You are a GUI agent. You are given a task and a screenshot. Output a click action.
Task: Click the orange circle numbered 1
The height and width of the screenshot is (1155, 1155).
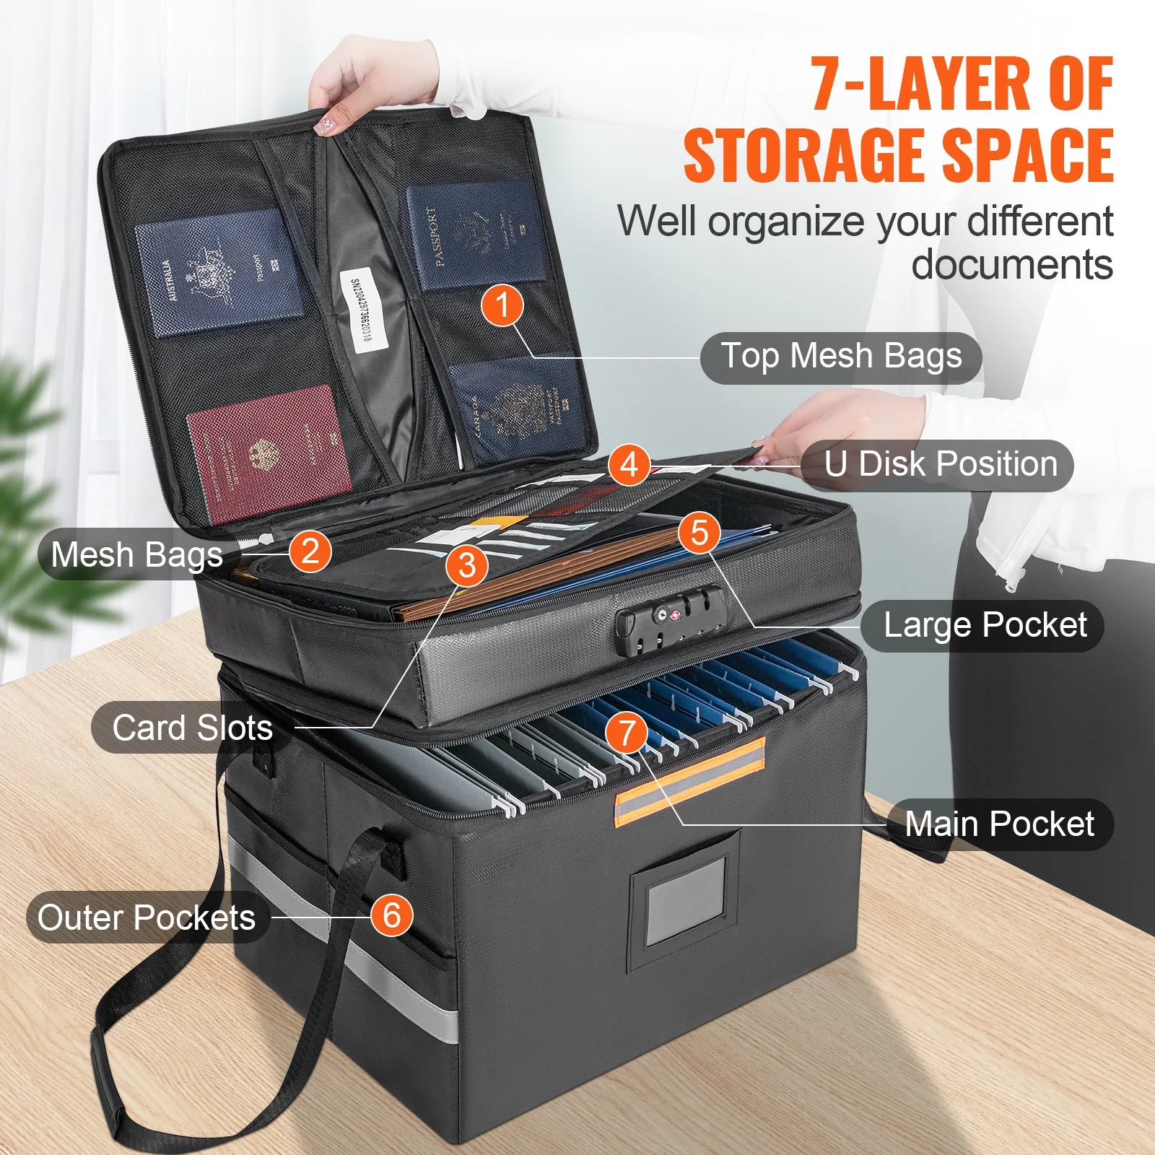coord(502,305)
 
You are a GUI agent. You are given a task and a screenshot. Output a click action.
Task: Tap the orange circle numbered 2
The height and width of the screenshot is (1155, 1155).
coord(310,552)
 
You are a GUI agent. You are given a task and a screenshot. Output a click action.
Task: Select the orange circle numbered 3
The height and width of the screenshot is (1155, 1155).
coord(467,565)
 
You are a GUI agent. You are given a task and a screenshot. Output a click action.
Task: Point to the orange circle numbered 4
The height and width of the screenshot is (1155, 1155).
coord(629,464)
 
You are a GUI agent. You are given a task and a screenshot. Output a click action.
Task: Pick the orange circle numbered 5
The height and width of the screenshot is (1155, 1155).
coord(699,533)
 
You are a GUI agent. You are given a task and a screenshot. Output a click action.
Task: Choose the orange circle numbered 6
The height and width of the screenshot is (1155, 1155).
coord(391,915)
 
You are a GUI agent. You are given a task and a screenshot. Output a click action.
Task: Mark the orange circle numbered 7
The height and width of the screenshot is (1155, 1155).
coord(627,733)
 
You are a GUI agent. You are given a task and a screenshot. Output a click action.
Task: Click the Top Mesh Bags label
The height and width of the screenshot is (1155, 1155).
coord(841,357)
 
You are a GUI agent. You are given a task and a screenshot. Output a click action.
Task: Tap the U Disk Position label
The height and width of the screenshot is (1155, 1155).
coord(940,464)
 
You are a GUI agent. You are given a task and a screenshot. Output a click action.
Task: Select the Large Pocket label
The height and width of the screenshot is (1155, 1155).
coord(985,625)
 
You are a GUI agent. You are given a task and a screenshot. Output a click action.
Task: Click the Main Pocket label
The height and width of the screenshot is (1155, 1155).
coord(999,824)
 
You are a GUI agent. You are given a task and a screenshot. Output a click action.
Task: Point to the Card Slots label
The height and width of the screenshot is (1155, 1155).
coord(192,728)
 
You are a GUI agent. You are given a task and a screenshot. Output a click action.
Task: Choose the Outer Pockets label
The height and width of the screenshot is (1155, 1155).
coord(147,918)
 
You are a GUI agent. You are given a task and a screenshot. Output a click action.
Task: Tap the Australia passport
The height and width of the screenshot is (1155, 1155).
coord(219,273)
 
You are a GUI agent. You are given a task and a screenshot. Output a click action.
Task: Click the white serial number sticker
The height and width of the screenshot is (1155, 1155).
coord(359,310)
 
